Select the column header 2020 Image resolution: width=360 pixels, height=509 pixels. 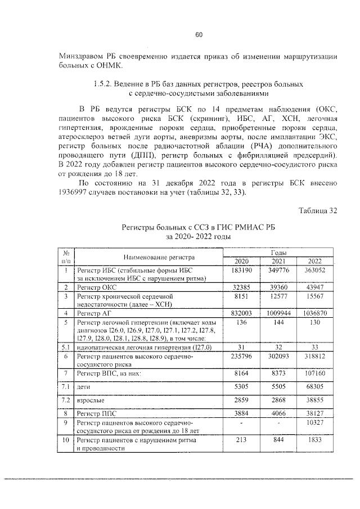point(241,262)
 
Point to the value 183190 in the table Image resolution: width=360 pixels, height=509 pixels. point(241,271)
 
